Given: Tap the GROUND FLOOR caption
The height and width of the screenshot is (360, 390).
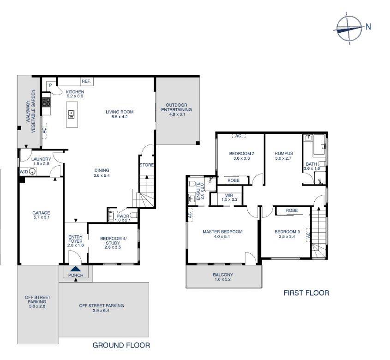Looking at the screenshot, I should (x=121, y=345).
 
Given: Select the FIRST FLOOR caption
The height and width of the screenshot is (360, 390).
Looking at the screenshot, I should (x=306, y=293).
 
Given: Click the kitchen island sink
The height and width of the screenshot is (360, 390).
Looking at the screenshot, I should (x=71, y=114).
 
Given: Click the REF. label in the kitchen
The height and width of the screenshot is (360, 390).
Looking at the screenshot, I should (x=86, y=82).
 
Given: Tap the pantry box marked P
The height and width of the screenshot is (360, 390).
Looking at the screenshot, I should (x=50, y=85).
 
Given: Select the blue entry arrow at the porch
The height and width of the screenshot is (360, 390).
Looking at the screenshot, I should (x=75, y=270).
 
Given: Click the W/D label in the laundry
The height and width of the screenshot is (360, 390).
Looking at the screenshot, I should (x=23, y=172).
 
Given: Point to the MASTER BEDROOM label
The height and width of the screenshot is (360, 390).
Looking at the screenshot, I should (x=222, y=232).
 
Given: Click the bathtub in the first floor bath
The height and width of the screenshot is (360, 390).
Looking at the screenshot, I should (x=318, y=147).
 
